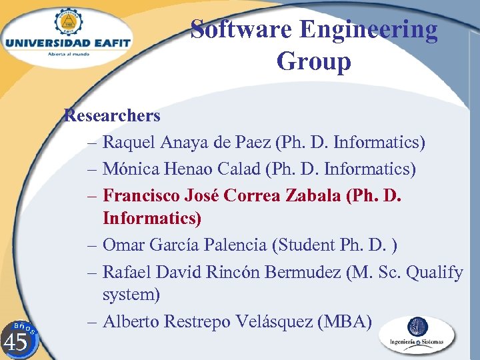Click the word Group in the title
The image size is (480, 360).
(313, 61)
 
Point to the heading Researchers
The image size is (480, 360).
(112, 116)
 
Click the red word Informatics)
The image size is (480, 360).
(152, 218)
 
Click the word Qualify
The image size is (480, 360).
(434, 272)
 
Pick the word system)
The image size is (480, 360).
(131, 294)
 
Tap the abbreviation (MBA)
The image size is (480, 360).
(345, 321)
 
